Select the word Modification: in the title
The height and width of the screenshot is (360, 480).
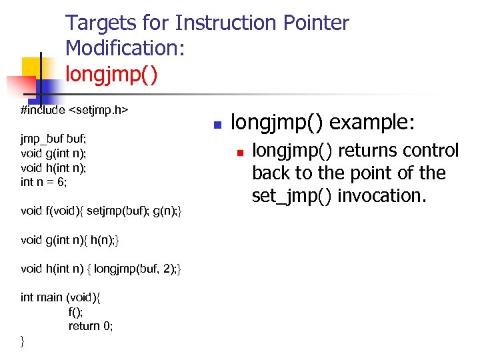[125, 48]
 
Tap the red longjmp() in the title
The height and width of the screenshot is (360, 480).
[111, 72]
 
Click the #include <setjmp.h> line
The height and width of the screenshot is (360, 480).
[74, 109]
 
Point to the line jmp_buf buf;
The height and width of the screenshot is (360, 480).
[53, 139]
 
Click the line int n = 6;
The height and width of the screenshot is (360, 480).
[44, 181]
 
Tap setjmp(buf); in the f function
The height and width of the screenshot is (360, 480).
[117, 211]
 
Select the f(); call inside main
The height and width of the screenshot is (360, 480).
[75, 311]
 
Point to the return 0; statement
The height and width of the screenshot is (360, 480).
[91, 326]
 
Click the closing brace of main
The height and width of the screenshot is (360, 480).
[23, 341]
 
